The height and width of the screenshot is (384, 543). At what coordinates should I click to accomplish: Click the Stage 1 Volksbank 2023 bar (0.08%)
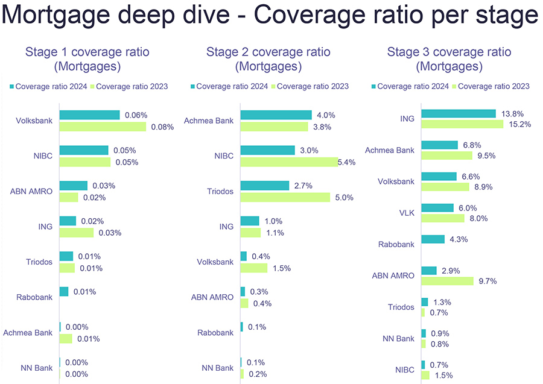[103, 127]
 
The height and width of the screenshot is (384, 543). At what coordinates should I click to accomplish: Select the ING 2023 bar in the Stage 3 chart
[462, 124]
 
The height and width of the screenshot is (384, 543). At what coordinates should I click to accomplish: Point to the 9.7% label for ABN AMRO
[486, 282]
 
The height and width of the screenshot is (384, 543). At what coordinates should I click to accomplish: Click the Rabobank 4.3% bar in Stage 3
[433, 239]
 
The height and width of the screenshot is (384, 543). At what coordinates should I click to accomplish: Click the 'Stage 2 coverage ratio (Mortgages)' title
[268, 59]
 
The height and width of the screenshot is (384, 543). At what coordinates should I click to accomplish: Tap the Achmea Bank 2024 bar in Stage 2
[276, 115]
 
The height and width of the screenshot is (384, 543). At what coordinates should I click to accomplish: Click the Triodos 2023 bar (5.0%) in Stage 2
[285, 197]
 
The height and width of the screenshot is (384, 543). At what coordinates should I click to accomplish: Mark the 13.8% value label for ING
[511, 113]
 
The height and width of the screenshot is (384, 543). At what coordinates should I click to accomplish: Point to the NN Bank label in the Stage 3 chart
[399, 338]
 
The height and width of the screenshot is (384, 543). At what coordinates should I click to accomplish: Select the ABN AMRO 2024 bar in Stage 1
[73, 186]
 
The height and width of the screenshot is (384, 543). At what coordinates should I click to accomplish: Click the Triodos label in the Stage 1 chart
[39, 262]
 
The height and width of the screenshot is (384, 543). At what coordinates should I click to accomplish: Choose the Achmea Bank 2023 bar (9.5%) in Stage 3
[446, 156]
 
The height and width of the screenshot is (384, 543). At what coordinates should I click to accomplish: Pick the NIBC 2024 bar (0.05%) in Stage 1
[84, 150]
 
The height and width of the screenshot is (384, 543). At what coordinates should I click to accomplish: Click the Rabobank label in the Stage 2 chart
[215, 333]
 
